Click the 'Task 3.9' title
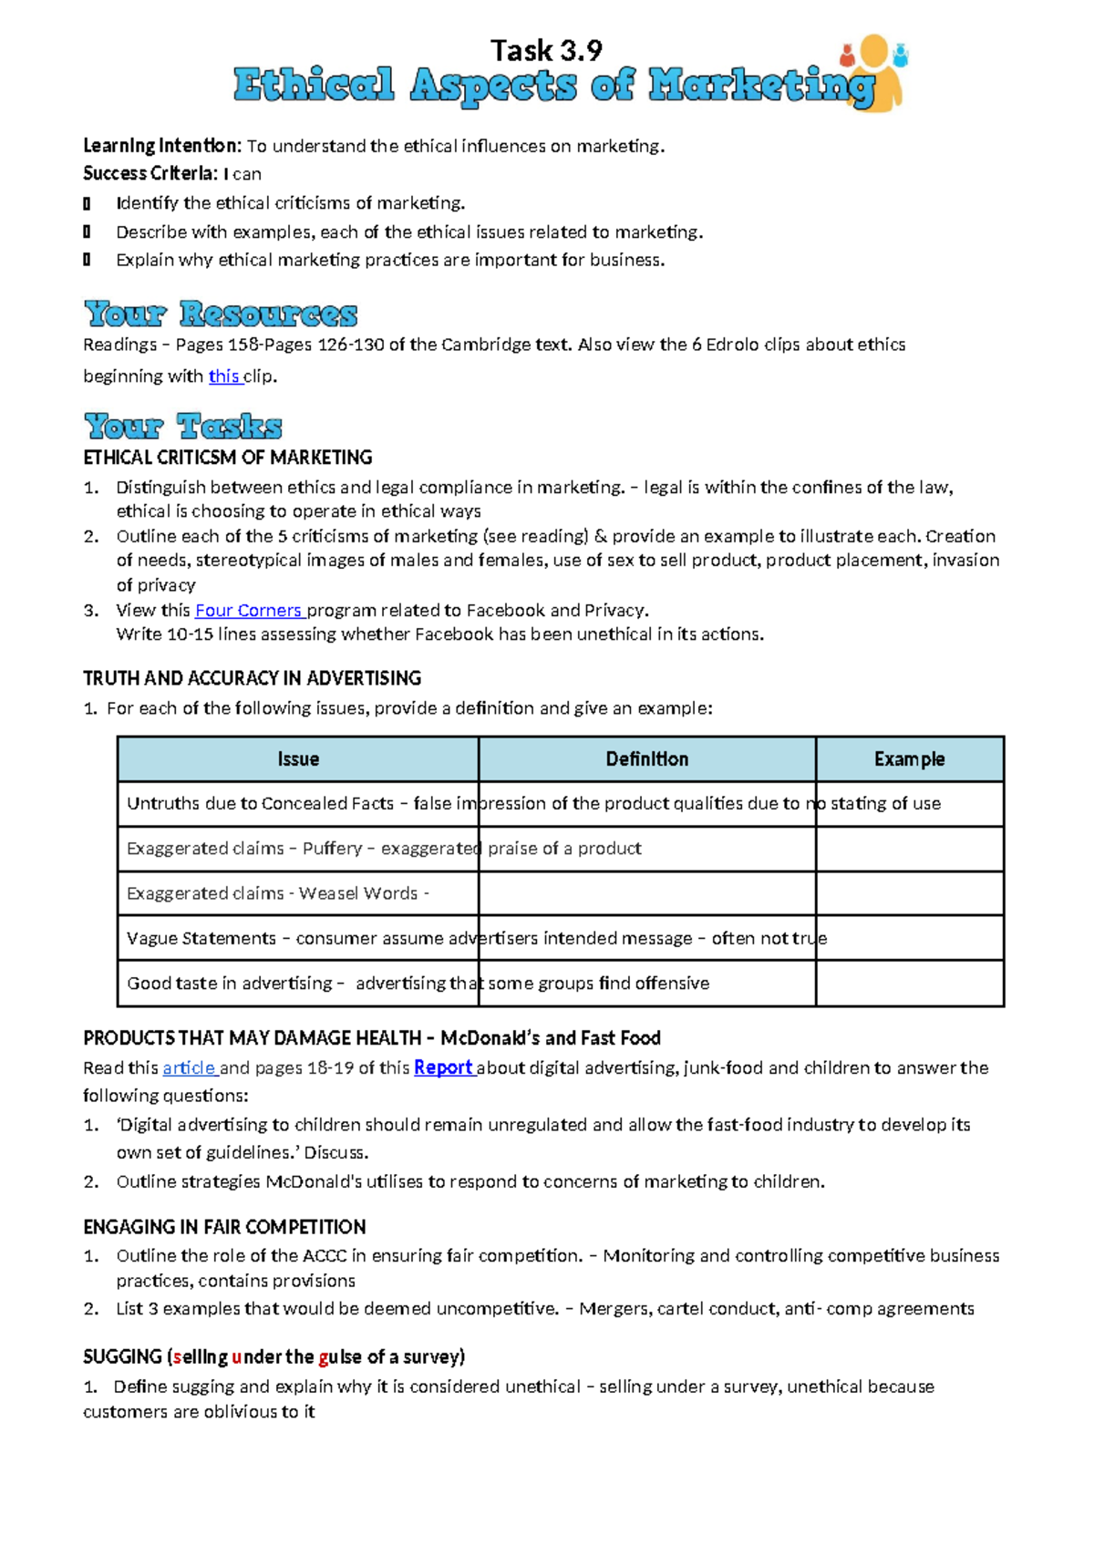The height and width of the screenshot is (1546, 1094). tap(546, 50)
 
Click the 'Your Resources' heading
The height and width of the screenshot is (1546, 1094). tap(221, 314)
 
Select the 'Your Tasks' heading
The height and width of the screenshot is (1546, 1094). tap(183, 426)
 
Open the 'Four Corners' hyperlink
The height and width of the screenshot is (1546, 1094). tap(248, 611)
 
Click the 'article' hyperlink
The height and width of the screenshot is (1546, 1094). tap(189, 1068)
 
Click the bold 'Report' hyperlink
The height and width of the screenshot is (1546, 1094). tap(443, 1067)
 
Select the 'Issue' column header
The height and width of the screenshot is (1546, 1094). tap(298, 759)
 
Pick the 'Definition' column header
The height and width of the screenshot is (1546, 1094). tap(647, 759)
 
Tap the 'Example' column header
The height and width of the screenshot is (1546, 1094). tap(909, 759)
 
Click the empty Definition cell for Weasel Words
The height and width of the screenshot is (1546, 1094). tap(647, 893)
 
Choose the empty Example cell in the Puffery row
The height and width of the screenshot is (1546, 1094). tap(909, 849)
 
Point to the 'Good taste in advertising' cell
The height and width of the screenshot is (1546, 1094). tap(298, 984)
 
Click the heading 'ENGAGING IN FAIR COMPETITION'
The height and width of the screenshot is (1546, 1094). tap(224, 1227)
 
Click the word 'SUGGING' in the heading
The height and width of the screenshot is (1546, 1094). tap(122, 1357)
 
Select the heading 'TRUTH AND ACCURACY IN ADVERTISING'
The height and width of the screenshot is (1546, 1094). tap(252, 678)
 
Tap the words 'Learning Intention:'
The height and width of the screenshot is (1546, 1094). tap(162, 146)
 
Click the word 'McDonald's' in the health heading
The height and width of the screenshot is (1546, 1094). tap(490, 1038)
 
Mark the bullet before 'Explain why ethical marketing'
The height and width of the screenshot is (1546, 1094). tap(87, 260)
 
